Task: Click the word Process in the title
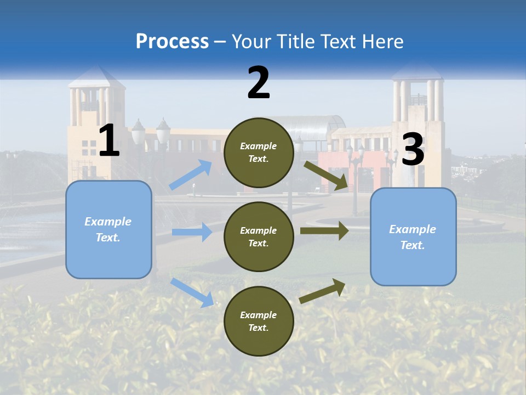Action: [172, 41]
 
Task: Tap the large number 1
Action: [109, 141]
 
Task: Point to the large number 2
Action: [259, 83]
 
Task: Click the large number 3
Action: [413, 150]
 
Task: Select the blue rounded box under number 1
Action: [108, 229]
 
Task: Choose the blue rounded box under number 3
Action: [413, 237]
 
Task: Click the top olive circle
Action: [259, 153]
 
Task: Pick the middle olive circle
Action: [259, 236]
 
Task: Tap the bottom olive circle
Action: [259, 321]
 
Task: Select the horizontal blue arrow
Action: [192, 232]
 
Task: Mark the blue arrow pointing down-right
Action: [192, 292]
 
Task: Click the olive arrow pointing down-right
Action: [326, 175]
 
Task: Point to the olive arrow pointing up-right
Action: [323, 291]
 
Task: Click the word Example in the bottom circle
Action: [259, 315]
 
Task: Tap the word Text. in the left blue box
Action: [108, 238]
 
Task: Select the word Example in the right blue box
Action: [413, 229]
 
